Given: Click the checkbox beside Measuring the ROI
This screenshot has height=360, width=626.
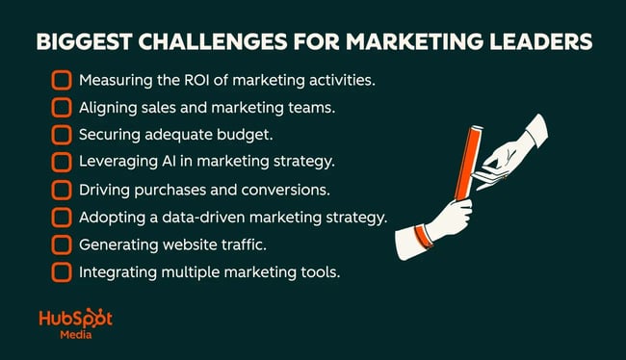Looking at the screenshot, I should [62, 80].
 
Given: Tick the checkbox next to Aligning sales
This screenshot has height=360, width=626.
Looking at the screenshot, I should [62, 107].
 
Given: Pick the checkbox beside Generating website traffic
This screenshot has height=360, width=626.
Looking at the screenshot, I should [62, 244].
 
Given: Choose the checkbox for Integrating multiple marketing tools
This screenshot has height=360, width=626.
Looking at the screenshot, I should [62, 272].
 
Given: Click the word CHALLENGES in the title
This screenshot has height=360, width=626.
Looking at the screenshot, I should [205, 43].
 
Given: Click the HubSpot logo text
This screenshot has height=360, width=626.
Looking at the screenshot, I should [75, 318].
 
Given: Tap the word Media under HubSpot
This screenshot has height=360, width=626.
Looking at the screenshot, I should [75, 336].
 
